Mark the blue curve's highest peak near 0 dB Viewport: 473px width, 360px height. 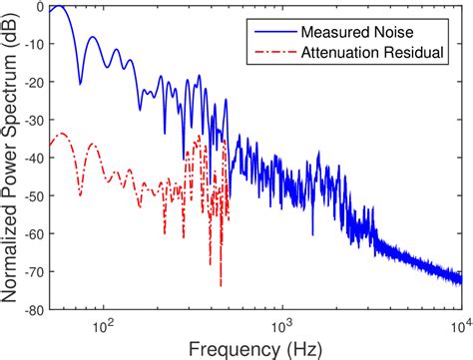coord(58,7)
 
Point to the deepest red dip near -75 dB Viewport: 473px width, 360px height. coord(221,284)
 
